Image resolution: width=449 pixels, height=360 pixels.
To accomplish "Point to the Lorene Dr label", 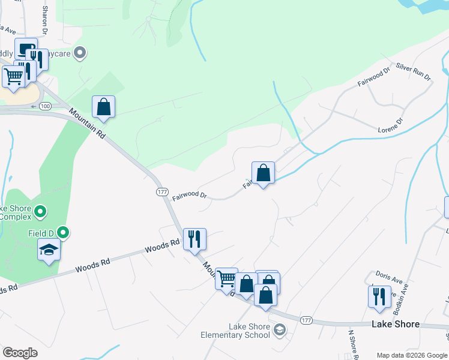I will click(x=391, y=125).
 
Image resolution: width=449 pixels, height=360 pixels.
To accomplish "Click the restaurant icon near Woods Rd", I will click(x=194, y=239).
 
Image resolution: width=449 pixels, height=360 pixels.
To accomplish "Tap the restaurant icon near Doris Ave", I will click(x=379, y=296).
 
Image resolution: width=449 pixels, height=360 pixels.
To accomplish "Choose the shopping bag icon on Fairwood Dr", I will click(x=263, y=173).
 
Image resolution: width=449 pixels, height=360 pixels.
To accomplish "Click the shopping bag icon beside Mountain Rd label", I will click(x=104, y=107).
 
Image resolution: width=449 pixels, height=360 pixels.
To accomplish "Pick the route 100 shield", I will click(x=45, y=106).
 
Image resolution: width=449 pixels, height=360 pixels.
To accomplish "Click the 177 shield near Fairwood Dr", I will click(x=161, y=191).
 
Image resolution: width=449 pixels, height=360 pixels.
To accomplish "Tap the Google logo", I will click(x=20, y=353).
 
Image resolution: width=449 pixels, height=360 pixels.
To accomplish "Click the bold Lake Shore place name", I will click(x=396, y=324).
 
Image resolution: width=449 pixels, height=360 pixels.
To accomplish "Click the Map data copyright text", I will click(x=412, y=355).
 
